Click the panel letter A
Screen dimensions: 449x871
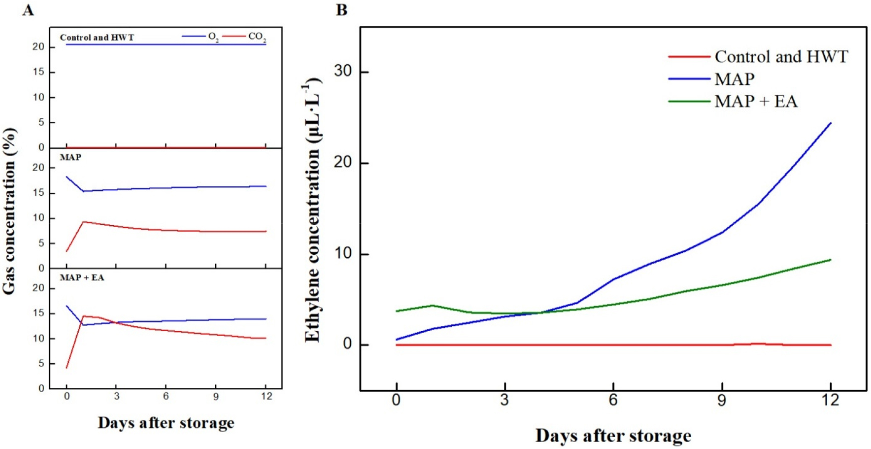point(28,10)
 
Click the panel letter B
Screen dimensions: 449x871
point(342,10)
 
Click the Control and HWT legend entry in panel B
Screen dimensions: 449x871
point(781,56)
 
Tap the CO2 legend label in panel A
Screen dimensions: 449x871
point(257,37)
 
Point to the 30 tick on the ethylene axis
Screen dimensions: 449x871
point(343,71)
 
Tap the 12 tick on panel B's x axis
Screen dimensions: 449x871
point(830,400)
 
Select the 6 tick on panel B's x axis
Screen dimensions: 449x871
point(613,400)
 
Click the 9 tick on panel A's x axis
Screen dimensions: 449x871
point(216,396)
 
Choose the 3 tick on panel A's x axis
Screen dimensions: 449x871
point(116,396)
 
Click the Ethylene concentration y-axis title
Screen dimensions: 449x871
point(312,211)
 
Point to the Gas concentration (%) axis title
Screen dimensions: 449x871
point(9,211)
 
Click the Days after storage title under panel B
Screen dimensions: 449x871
point(613,436)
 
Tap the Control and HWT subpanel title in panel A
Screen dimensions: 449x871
point(97,38)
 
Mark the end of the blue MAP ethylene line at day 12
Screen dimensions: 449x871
point(830,123)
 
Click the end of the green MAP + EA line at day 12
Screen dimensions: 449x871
point(830,260)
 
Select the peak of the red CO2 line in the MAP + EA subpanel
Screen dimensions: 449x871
point(84,316)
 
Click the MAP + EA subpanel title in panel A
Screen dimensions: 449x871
point(82,278)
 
